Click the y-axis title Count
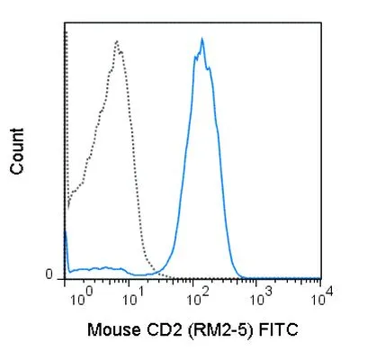pyautogui.click(x=17, y=151)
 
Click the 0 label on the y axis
pyautogui.click(x=49, y=274)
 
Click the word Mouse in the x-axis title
pyautogui.click(x=114, y=329)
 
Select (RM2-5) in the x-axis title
pyautogui.click(x=219, y=330)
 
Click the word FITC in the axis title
pyautogui.click(x=279, y=329)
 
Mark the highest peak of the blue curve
pyautogui.click(x=202, y=38)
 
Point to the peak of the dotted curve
pyautogui.click(x=117, y=40)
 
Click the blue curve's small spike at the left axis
pyautogui.click(x=66, y=231)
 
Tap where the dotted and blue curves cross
pyautogui.click(x=156, y=272)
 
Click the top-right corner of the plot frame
pyautogui.click(x=321, y=22)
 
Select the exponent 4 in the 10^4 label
pyautogui.click(x=329, y=291)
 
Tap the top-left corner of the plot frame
pyautogui.click(x=65, y=22)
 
